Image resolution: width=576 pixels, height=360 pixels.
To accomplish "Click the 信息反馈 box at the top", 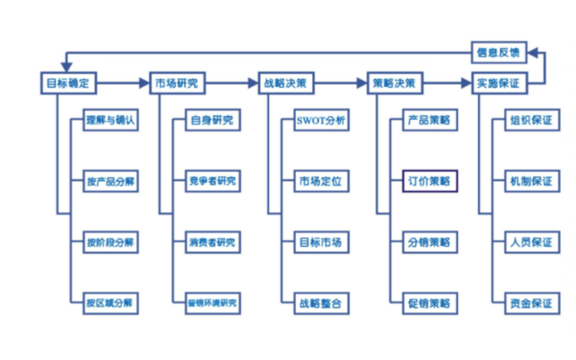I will pyautogui.click(x=498, y=53).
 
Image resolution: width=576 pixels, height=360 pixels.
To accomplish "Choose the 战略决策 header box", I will pyautogui.click(x=286, y=82).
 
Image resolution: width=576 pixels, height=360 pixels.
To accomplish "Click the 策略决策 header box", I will pyautogui.click(x=394, y=82).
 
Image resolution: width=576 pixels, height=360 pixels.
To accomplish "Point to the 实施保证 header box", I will pyautogui.click(x=498, y=82).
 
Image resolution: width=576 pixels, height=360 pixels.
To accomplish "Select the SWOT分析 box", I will pyautogui.click(x=321, y=122).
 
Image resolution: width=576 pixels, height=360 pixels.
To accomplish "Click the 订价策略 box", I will pyautogui.click(x=429, y=182).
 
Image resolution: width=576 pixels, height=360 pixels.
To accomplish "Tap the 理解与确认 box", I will pyautogui.click(x=111, y=122).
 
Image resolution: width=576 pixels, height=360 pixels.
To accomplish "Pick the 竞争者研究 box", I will pyautogui.click(x=212, y=182).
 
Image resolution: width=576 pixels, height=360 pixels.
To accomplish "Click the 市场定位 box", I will pyautogui.click(x=321, y=182).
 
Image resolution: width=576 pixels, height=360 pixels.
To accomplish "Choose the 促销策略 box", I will pyautogui.click(x=429, y=303).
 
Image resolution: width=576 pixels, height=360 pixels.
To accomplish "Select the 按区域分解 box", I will pyautogui.click(x=111, y=303).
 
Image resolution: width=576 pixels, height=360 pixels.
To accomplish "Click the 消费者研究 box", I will pyautogui.click(x=212, y=242).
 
